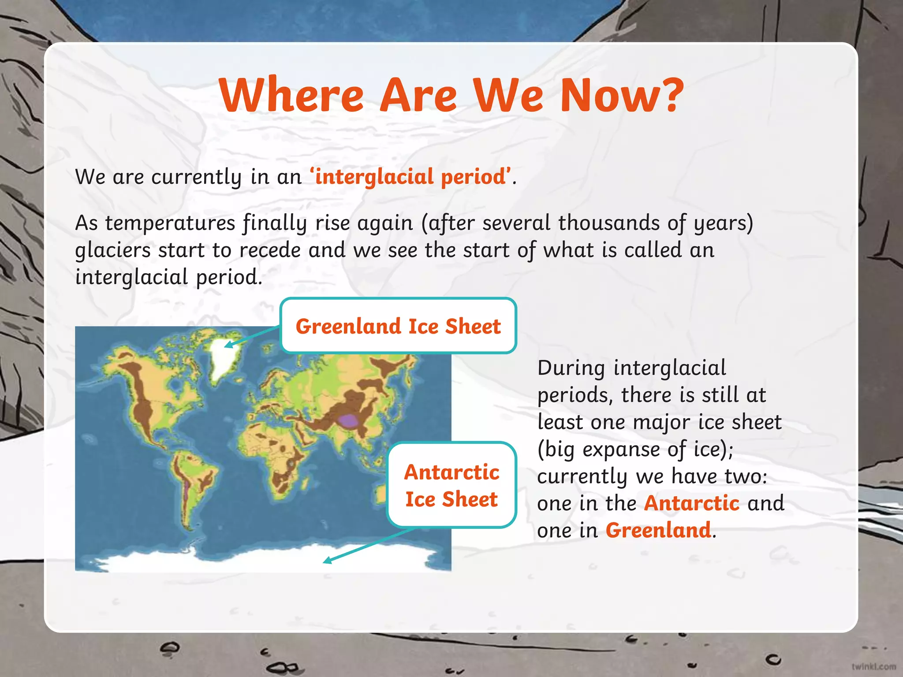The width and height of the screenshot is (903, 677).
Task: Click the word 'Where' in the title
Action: tap(291, 96)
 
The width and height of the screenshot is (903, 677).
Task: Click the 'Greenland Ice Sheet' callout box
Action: tap(398, 326)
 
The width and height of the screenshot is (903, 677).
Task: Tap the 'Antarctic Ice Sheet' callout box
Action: tap(451, 485)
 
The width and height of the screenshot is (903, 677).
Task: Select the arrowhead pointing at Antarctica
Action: tap(327, 561)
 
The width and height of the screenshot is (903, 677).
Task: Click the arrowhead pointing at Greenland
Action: tap(228, 345)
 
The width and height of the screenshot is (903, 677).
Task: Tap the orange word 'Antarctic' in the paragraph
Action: tap(691, 503)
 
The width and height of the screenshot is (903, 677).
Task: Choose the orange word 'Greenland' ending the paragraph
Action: tap(658, 530)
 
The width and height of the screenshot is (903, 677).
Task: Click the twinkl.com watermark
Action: tap(873, 666)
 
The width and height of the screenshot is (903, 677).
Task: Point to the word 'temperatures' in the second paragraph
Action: tap(170, 223)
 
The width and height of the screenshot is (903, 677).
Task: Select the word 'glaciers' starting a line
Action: tap(113, 250)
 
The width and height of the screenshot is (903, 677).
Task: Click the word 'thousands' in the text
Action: tap(608, 223)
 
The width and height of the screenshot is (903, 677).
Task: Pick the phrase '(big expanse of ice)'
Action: tap(635, 449)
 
